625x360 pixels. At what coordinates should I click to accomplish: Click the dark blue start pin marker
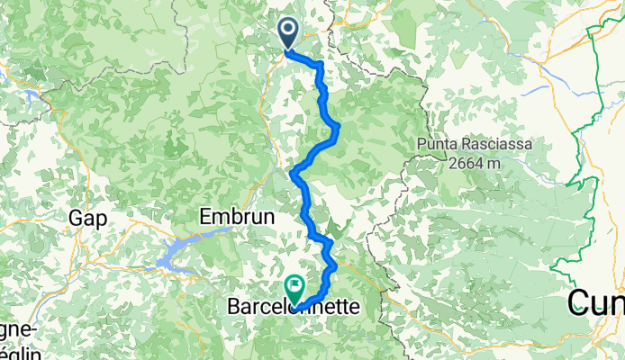(289, 33)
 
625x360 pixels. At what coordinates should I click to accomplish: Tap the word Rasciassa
(498, 144)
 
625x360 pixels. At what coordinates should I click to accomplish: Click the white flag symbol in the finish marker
(294, 284)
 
